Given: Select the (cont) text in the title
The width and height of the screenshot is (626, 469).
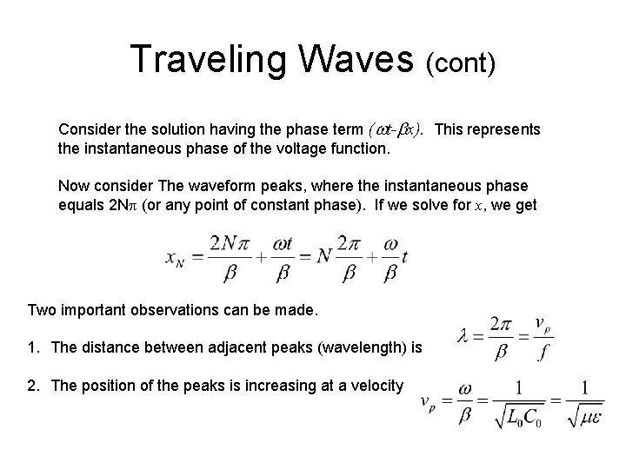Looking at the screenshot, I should click(461, 63).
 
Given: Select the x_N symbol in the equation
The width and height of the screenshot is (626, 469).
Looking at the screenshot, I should click(176, 259).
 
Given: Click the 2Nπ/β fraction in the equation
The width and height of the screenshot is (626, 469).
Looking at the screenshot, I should click(221, 259).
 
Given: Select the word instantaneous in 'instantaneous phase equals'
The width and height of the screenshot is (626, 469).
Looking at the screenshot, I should click(416, 185).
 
